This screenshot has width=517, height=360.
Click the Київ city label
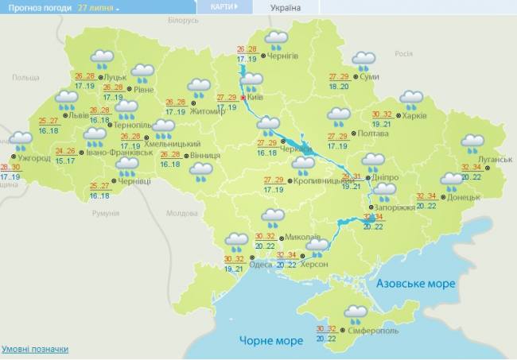tap(255, 96)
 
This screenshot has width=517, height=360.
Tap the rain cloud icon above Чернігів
tap(276, 40)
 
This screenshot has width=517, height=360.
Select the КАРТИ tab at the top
tap(223, 7)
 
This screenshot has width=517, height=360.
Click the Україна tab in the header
tap(286, 8)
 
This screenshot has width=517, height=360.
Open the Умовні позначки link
tap(34, 349)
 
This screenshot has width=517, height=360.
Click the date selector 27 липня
tap(98, 7)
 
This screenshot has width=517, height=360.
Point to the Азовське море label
tap(415, 284)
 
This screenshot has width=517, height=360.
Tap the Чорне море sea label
tap(271, 341)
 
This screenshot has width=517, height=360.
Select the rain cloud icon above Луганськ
tap(472, 144)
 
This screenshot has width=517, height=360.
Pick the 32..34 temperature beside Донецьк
tap(427, 196)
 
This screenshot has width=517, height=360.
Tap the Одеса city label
tap(260, 265)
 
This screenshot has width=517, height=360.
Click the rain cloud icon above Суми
tap(363, 61)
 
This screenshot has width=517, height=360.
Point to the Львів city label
tap(79, 115)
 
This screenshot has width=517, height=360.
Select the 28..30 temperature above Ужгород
tap(10, 167)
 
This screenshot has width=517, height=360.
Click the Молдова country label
tap(181, 214)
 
